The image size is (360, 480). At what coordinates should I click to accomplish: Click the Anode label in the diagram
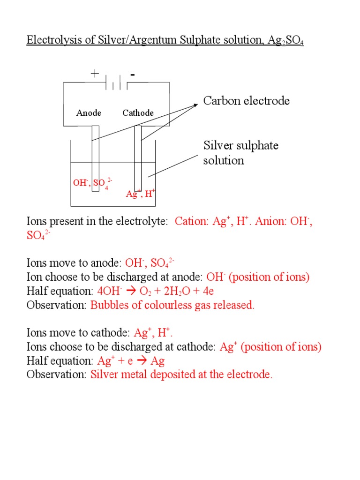tap(89, 113)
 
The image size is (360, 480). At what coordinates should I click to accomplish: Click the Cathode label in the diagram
tap(138, 113)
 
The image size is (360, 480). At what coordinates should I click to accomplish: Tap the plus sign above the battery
tap(95, 74)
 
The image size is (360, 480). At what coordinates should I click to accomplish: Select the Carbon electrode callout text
tap(246, 101)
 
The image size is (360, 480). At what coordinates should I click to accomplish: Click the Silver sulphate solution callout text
tap(240, 153)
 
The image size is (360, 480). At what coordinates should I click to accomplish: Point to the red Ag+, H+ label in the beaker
tap(141, 193)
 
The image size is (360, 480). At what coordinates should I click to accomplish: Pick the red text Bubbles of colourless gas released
tap(172, 305)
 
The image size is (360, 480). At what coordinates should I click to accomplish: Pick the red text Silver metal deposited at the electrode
tap(181, 375)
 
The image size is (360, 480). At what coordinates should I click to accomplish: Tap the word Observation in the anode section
tap(57, 305)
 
